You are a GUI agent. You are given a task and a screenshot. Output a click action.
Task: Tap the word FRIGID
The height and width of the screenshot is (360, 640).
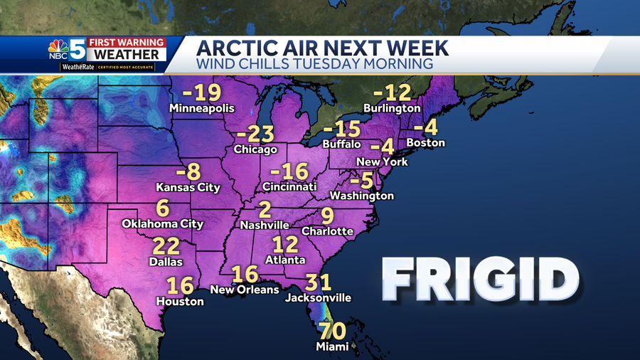click(x=480, y=279)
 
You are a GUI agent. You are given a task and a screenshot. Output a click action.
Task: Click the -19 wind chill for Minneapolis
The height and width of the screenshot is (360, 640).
click(x=202, y=93)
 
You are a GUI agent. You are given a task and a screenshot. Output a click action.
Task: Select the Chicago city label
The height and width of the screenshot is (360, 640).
click(x=255, y=149)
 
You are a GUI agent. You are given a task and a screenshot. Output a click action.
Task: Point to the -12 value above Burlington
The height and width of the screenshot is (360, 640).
click(x=393, y=92)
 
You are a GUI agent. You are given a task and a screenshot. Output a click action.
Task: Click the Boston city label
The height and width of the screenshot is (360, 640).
click(x=425, y=142)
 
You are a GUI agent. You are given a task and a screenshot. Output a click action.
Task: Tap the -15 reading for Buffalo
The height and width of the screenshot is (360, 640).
click(x=342, y=130)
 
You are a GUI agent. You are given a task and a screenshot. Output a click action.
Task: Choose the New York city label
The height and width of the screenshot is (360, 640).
click(x=382, y=162)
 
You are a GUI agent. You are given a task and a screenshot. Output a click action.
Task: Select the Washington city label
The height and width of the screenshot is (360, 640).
click(x=362, y=195)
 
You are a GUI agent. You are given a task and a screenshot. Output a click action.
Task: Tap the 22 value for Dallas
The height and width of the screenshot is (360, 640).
click(x=165, y=247)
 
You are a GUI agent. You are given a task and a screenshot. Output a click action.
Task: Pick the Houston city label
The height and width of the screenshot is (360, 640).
click(x=180, y=301)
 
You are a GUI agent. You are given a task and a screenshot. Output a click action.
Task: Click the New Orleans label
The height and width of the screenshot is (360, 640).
click(x=244, y=290)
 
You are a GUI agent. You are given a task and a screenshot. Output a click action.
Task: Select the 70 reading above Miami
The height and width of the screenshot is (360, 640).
click(x=333, y=332)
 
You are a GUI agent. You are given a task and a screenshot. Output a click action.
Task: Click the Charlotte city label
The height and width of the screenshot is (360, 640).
click(x=327, y=231)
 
